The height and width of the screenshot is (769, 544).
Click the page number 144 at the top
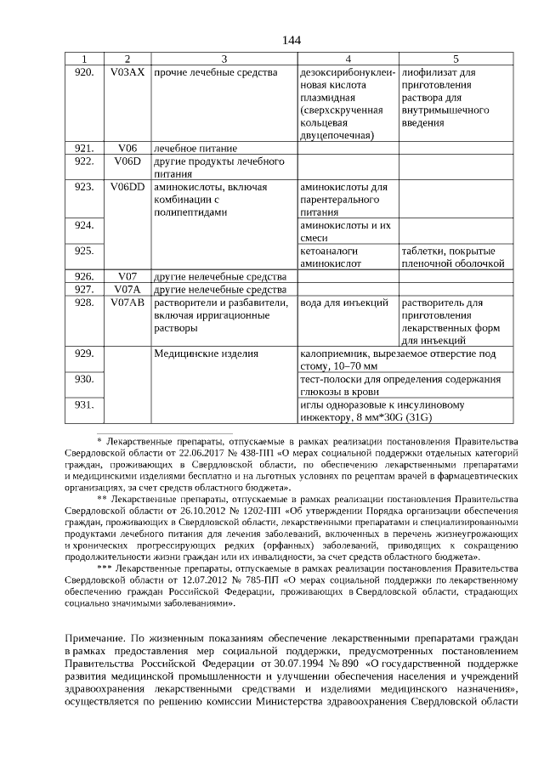(x=292, y=41)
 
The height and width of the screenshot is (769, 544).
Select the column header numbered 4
(x=348, y=59)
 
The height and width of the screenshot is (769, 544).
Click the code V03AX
(x=127, y=72)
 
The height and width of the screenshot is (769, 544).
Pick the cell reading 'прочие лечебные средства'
(x=215, y=72)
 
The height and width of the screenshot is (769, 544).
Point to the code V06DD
(x=127, y=186)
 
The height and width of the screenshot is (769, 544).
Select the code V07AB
(x=127, y=303)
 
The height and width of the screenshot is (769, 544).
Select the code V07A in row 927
(x=127, y=290)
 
